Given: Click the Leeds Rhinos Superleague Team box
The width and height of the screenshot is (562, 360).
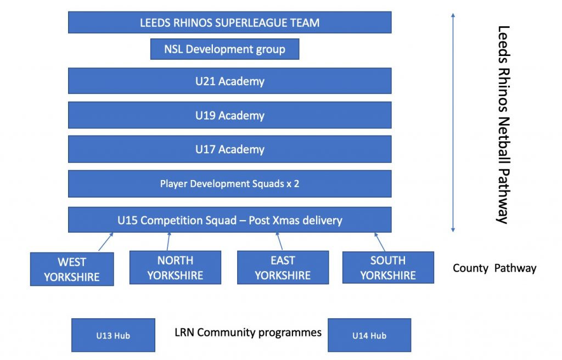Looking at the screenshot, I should (x=229, y=22).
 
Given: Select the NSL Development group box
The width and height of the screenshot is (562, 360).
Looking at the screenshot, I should (x=225, y=49).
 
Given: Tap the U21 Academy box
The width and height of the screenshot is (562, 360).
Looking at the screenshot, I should (x=229, y=81).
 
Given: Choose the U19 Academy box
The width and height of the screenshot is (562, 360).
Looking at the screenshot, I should (x=229, y=115).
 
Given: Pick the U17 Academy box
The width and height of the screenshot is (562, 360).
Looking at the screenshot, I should (x=229, y=149).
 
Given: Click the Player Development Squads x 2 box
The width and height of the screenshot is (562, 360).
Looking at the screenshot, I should (x=229, y=184).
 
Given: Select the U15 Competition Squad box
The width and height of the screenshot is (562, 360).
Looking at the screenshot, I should (x=229, y=220).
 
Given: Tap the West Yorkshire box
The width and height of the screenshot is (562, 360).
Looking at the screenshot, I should (x=72, y=269).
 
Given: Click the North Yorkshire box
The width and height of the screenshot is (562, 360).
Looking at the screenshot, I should (x=175, y=268).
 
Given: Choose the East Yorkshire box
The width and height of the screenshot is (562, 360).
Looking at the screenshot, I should (x=283, y=268).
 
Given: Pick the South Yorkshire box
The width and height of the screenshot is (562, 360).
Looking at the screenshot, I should (x=388, y=267).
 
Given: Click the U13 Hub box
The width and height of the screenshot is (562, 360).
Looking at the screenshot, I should (x=113, y=335).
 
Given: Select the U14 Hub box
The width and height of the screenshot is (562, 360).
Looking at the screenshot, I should (x=369, y=335).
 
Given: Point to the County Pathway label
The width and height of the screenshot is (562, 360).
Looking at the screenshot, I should (x=494, y=268).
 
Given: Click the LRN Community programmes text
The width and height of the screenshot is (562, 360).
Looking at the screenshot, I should (x=248, y=333).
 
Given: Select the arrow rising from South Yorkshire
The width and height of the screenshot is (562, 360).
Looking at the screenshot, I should (x=380, y=241).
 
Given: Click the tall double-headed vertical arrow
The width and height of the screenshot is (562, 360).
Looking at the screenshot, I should (x=453, y=122).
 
